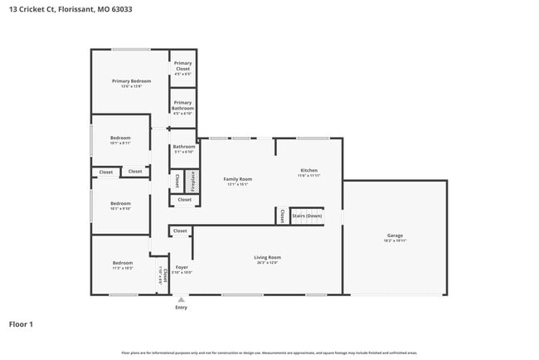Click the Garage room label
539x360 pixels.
tap(394, 235)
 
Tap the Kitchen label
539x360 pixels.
tap(308, 171)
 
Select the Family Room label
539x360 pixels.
tap(238, 179)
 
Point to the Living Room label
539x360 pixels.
tap(267, 257)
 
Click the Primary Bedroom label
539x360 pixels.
tap(131, 80)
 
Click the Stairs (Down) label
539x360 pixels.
tap(307, 216)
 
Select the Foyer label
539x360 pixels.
tap(182, 267)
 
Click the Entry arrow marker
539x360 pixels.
tap(181, 299)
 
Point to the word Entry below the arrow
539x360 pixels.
tap(181, 308)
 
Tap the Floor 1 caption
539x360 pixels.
tap(21, 324)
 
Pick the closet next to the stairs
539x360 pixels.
tap(282, 216)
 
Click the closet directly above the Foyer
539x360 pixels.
tap(180, 231)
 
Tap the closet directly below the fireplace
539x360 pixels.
tap(184, 199)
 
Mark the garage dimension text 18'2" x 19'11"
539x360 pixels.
tap(394, 240)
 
